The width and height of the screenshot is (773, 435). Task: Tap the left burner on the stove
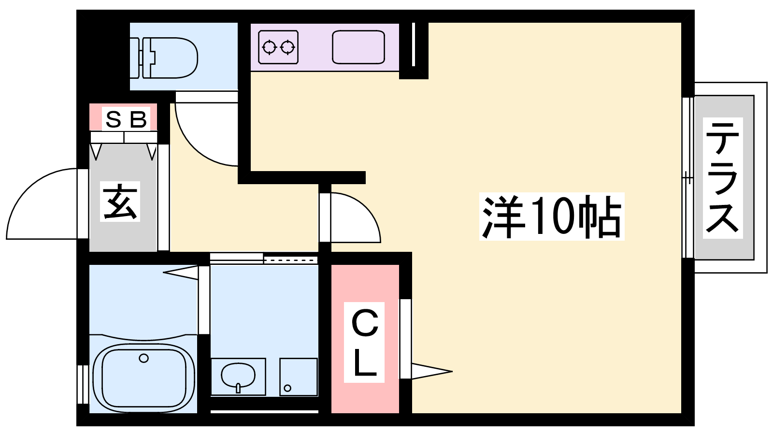click(269, 47)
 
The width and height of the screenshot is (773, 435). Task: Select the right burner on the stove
click(287, 47)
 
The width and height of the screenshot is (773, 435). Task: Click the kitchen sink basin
click(358, 47)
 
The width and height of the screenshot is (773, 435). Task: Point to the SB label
click(126, 119)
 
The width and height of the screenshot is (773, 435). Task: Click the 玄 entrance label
click(120, 201)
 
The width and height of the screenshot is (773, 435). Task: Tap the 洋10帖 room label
click(551, 217)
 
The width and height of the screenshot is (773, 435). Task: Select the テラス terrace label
click(723, 177)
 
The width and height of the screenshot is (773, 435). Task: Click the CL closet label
click(364, 342)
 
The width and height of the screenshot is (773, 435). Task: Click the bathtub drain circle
click(143, 358)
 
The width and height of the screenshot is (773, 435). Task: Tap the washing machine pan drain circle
click(287, 388)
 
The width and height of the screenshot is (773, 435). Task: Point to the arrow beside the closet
click(432, 372)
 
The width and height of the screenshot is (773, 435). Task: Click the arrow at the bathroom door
click(181, 273)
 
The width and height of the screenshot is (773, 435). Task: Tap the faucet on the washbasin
click(238, 388)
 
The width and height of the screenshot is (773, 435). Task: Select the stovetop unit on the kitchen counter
click(278, 47)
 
